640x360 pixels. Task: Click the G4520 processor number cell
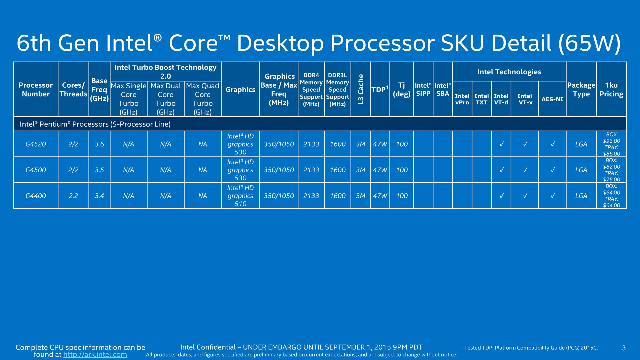36,144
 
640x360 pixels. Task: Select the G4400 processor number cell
36,196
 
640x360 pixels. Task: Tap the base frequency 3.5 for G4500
99,170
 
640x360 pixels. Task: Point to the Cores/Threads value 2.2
73,196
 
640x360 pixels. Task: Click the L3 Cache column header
360,89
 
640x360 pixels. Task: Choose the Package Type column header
581,89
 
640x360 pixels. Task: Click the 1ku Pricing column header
611,89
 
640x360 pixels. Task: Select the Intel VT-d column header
501,99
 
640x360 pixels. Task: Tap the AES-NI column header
552,99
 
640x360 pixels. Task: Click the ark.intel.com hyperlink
95,355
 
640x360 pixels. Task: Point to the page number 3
624,348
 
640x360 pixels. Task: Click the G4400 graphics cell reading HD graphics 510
240,196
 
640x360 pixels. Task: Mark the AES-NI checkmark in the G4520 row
552,144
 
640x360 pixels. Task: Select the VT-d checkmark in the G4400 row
501,196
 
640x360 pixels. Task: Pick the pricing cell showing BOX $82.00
611,170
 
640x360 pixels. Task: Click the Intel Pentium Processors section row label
95,124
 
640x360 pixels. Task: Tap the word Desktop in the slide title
280,43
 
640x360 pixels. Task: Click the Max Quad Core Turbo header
202,99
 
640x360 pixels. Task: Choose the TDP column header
380,89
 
